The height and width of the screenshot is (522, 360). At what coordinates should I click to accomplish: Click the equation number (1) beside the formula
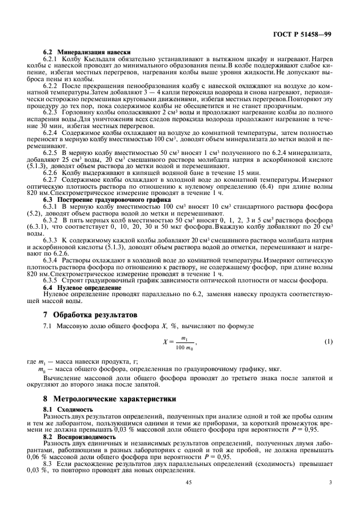click(328, 342)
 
